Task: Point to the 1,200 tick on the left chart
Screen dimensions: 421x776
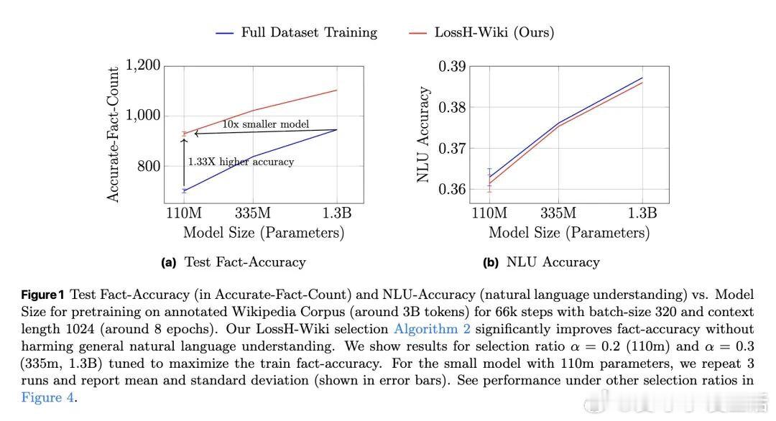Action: tap(144, 65)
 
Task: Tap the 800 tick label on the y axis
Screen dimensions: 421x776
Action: tap(149, 167)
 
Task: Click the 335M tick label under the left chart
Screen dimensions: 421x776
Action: tap(252, 213)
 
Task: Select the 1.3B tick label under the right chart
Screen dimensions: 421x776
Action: tap(642, 213)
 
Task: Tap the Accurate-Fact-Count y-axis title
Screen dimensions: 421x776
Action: tap(114, 134)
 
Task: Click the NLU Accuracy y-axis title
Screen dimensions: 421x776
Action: tap(425, 134)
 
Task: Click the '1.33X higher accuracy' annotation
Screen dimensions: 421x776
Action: tap(241, 162)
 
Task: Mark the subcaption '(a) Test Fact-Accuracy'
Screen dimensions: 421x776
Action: tap(234, 262)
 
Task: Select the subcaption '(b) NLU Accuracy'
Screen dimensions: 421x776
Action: tap(541, 262)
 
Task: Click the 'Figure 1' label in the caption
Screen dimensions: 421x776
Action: tap(43, 295)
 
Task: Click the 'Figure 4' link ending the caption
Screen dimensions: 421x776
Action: tap(47, 397)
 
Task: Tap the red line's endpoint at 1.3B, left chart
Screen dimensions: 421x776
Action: tap(336, 91)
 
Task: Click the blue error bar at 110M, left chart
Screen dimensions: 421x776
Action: tap(184, 190)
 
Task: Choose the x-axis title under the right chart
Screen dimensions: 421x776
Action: tap(569, 233)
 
